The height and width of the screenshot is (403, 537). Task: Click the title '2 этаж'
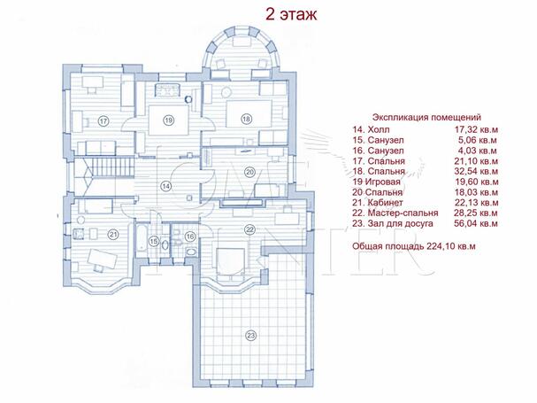[286, 14]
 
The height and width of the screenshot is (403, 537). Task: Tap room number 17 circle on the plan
[103, 121]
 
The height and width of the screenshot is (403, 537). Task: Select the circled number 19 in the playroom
[167, 120]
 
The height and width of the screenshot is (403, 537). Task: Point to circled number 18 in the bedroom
[246, 119]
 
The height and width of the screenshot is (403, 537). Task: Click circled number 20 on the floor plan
[249, 171]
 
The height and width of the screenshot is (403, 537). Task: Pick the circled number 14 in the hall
[165, 186]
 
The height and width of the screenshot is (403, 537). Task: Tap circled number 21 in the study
[112, 234]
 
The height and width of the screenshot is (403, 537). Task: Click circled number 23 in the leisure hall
[251, 335]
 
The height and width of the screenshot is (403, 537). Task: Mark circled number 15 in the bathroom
[154, 240]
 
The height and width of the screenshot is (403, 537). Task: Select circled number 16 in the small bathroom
[190, 237]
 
